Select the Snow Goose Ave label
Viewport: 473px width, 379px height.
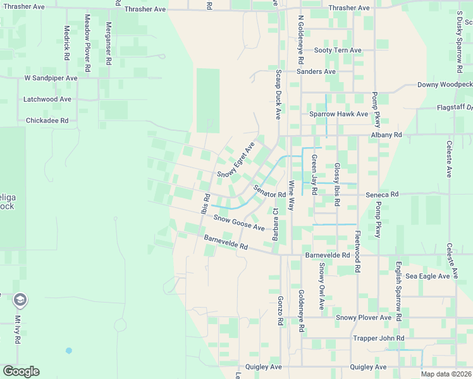point(238,222)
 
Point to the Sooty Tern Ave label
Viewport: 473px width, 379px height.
point(338,50)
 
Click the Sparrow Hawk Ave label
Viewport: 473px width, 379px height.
point(338,114)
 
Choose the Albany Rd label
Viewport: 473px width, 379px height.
point(386,135)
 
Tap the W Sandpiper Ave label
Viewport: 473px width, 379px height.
point(51,78)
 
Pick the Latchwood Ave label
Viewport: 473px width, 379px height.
point(47,99)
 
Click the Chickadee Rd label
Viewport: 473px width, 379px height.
point(47,120)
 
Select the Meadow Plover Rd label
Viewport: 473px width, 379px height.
point(87,37)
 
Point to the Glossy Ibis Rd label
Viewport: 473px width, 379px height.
point(337,184)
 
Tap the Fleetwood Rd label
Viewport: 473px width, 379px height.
point(357,251)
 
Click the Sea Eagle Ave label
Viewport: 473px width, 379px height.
point(427,276)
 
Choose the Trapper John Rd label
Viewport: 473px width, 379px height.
point(378,339)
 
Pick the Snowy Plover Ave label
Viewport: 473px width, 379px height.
point(364,318)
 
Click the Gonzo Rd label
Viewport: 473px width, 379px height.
point(279,311)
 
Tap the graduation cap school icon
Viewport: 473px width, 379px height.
point(20,299)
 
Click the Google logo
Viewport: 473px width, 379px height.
point(21,371)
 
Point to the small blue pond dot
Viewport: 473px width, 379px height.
point(68,351)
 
